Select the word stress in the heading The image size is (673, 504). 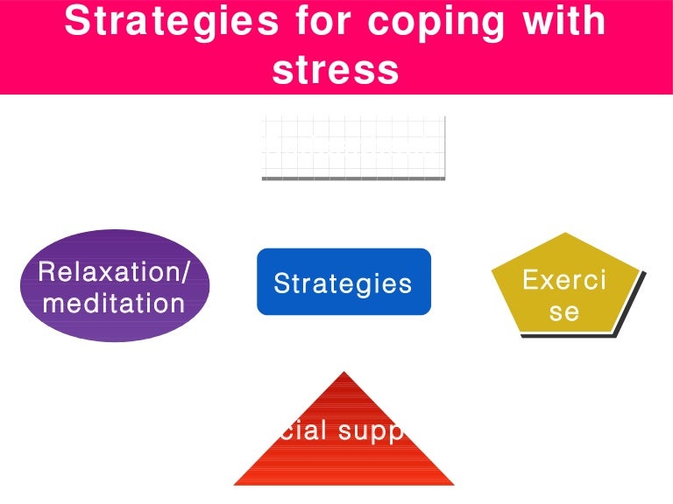[336, 70]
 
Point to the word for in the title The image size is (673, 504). [322, 21]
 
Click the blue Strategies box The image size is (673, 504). [344, 282]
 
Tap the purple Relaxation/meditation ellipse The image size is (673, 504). [115, 286]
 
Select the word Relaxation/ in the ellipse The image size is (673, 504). [114, 272]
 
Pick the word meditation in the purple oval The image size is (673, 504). [114, 304]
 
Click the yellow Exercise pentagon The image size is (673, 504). [565, 284]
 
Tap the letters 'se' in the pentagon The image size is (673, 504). [564, 311]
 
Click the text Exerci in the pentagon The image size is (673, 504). [564, 280]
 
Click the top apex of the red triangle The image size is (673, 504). [344, 372]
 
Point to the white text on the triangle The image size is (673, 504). [342, 431]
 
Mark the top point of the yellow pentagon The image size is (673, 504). [565, 233]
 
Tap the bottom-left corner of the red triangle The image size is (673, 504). [235, 484]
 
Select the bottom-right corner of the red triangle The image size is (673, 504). [454, 484]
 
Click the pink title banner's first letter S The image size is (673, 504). [77, 21]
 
